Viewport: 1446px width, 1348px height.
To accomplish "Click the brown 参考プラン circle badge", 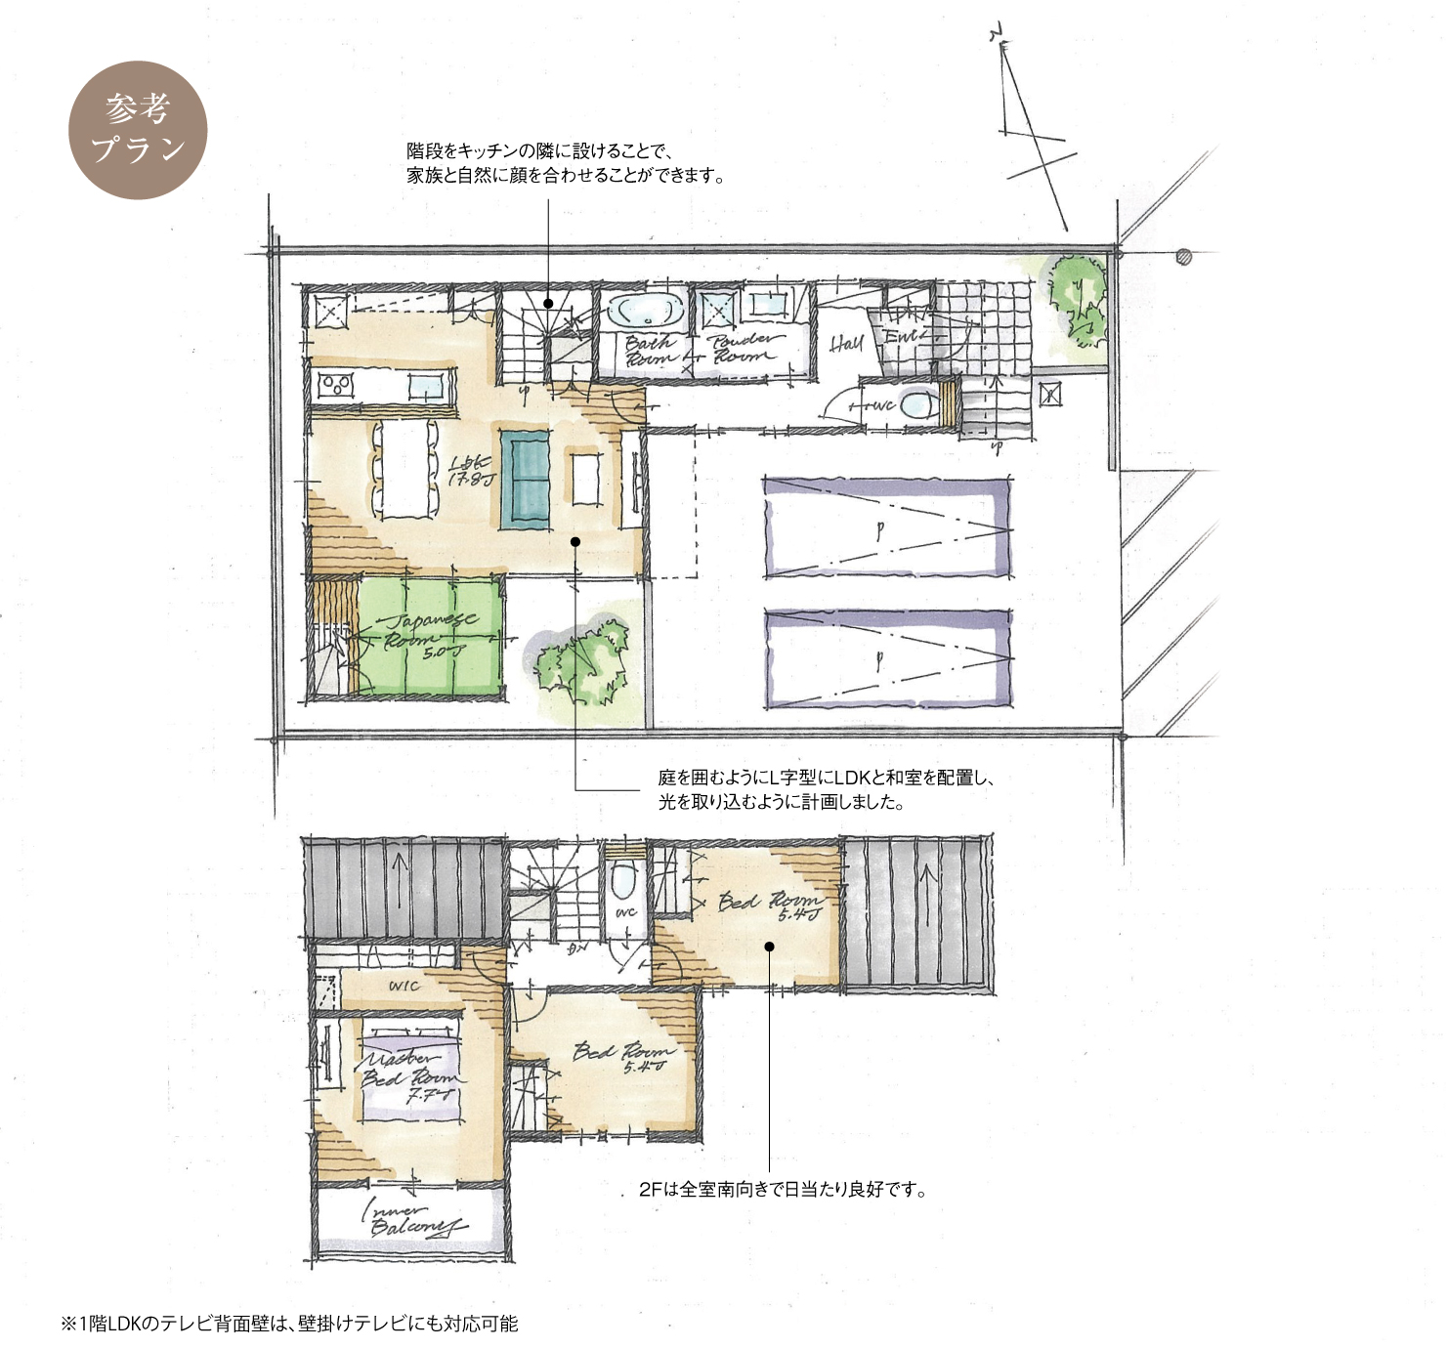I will point(138,130).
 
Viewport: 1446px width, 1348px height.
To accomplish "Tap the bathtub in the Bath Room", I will point(645,311).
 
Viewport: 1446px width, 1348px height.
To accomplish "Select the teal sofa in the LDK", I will point(527,479).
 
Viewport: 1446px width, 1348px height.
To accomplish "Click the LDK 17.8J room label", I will point(471,470).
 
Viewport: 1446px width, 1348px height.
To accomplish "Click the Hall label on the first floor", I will point(846,343).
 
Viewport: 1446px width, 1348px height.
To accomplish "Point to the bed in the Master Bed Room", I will point(411,1069).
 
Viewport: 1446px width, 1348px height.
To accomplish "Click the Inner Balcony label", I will point(410,1219).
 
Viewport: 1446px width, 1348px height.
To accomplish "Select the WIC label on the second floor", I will point(404,986).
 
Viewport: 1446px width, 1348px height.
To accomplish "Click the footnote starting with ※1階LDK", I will point(289,1324).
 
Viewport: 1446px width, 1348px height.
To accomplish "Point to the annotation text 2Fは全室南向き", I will point(782,1190).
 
